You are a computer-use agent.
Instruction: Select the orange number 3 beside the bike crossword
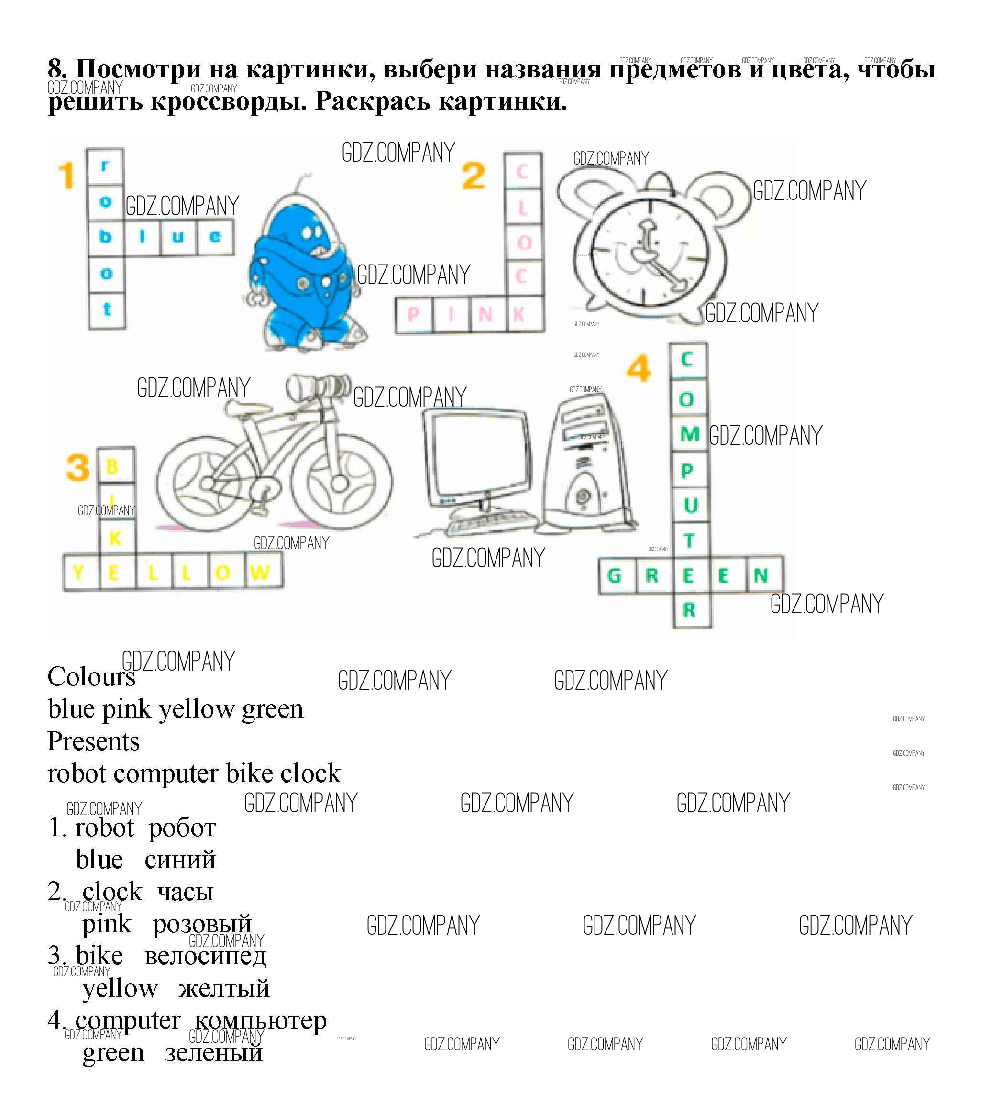pyautogui.click(x=78, y=468)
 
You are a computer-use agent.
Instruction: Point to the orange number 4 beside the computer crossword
pyautogui.click(x=639, y=368)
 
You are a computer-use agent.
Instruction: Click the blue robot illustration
pyautogui.click(x=302, y=270)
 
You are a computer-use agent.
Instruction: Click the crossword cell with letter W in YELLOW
pyautogui.click(x=260, y=573)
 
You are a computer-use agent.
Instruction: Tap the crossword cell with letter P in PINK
pyautogui.click(x=413, y=314)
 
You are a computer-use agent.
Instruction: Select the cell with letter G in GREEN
pyautogui.click(x=615, y=576)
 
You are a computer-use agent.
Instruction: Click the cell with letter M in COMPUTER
pyautogui.click(x=689, y=434)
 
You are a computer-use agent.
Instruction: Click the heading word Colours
pyautogui.click(x=91, y=677)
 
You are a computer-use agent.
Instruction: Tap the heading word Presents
pyautogui.click(x=93, y=741)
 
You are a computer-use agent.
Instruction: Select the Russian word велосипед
pyautogui.click(x=205, y=957)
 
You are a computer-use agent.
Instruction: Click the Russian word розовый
pyautogui.click(x=202, y=924)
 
